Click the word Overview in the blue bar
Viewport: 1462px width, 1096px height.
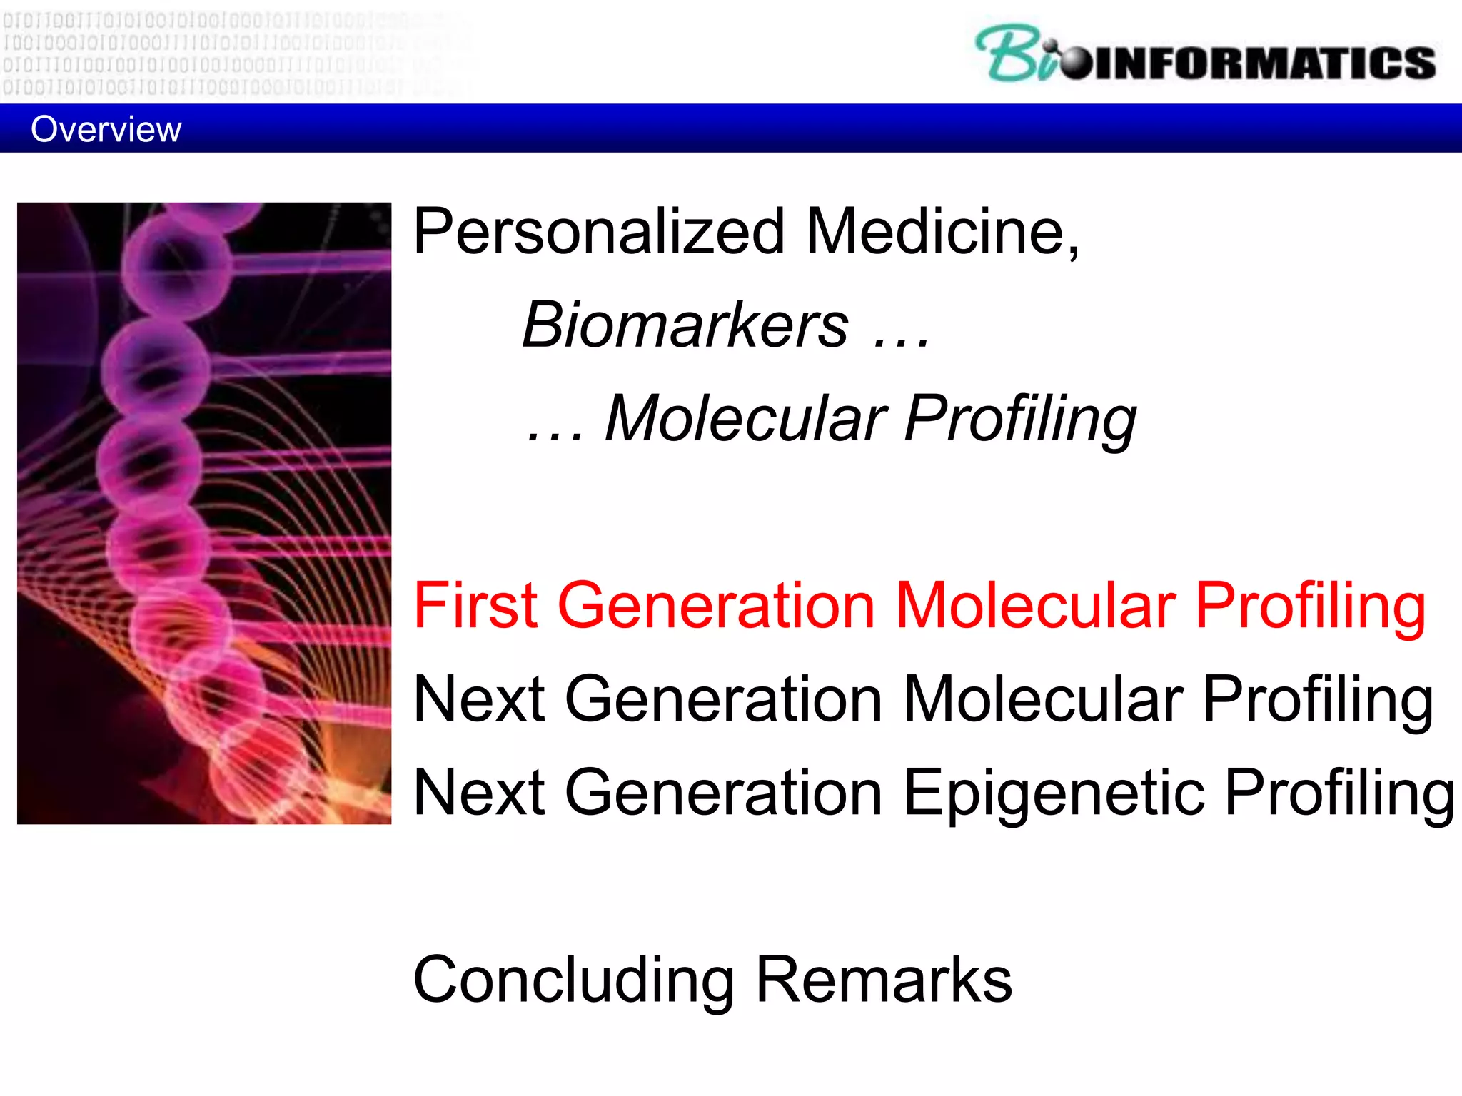point(106,130)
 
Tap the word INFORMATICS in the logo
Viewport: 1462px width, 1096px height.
point(1264,63)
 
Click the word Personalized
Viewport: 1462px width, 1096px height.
point(598,232)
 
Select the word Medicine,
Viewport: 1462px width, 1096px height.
point(942,232)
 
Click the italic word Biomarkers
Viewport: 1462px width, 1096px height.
point(685,325)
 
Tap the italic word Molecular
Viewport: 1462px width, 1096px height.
point(746,419)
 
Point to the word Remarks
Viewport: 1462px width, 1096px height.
point(883,980)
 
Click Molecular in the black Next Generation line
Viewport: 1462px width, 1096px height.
point(1042,699)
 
